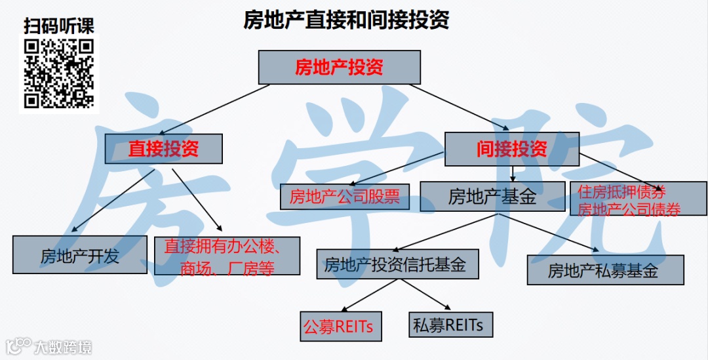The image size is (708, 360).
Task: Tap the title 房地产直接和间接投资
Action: click(x=346, y=20)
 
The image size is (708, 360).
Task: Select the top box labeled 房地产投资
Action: click(x=339, y=67)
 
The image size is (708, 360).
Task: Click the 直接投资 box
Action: click(x=163, y=149)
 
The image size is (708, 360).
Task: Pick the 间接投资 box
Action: click(x=511, y=149)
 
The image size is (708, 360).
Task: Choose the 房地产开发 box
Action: click(x=80, y=255)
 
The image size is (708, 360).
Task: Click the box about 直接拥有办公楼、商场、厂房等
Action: click(x=227, y=256)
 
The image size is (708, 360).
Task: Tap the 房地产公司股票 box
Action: click(x=345, y=196)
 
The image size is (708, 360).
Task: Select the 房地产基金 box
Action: click(x=492, y=196)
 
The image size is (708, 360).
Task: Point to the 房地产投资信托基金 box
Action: click(x=397, y=264)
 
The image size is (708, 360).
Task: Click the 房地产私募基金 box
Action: click(x=605, y=270)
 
